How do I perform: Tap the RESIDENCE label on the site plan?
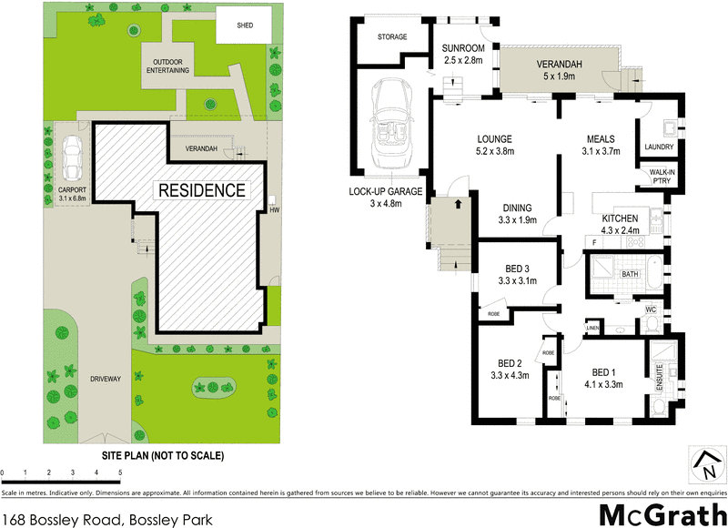[x=201, y=190]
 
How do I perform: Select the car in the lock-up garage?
[x=392, y=115]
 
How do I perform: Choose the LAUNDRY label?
[x=658, y=147]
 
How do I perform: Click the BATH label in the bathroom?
[x=630, y=274]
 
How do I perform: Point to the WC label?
[x=651, y=310]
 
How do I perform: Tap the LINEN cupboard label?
[x=592, y=327]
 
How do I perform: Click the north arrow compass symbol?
[x=705, y=463]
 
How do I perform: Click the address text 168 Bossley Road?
[x=107, y=519]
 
